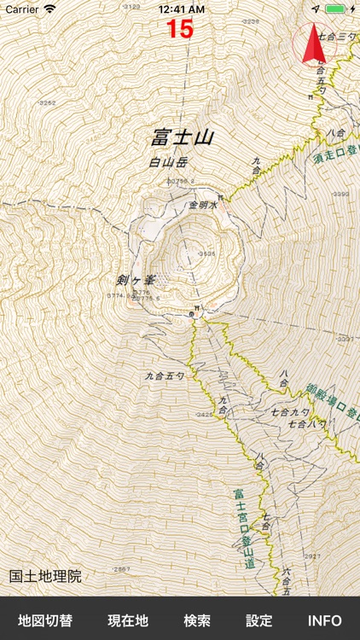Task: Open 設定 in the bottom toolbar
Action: (x=259, y=620)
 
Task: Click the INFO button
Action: (x=325, y=620)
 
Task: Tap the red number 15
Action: (x=180, y=29)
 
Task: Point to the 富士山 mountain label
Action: (x=182, y=137)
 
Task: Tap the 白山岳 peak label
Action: (x=167, y=162)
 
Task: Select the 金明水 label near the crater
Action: (x=204, y=206)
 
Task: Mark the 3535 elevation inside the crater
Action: (x=206, y=253)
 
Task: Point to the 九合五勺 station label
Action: (x=163, y=375)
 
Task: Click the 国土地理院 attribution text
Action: (x=46, y=577)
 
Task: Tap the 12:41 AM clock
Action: (x=180, y=9)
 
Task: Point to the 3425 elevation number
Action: (x=203, y=415)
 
